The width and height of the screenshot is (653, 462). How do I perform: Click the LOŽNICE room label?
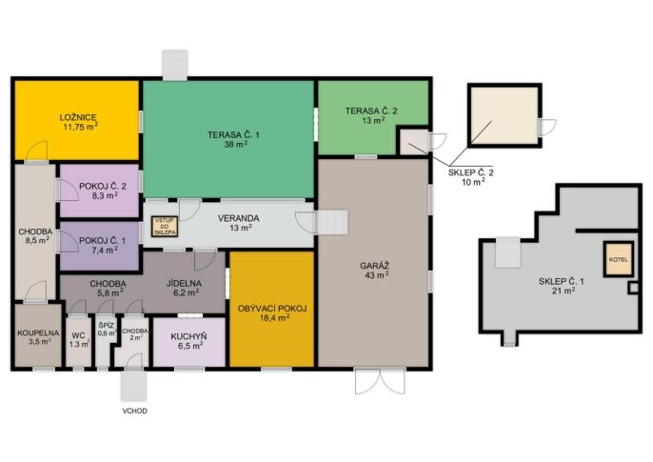78,117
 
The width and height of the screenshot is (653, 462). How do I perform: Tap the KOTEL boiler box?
619,259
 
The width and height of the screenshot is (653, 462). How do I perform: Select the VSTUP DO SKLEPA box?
165,227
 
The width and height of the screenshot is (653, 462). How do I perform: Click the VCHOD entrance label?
134,411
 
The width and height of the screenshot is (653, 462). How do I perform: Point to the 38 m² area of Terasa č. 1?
236,144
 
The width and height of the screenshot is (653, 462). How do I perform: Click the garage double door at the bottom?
380,381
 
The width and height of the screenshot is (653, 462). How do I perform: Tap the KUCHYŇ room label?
188,336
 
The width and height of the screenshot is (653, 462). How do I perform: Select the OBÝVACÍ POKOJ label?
272,309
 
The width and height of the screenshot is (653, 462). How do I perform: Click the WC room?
79,342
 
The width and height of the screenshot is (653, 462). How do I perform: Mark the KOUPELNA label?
38,333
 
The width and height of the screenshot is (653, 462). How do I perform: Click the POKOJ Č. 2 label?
103,186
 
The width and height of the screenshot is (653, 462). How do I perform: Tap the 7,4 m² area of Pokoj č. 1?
105,250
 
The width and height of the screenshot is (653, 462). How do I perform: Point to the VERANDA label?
238,218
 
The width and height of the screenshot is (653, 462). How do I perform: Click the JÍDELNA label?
184,283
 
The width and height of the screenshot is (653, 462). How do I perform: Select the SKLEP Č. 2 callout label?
470,172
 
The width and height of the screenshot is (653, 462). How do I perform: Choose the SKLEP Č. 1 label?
561,282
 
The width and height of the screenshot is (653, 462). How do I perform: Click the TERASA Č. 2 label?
371,110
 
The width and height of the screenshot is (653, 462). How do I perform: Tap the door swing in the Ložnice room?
36,151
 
